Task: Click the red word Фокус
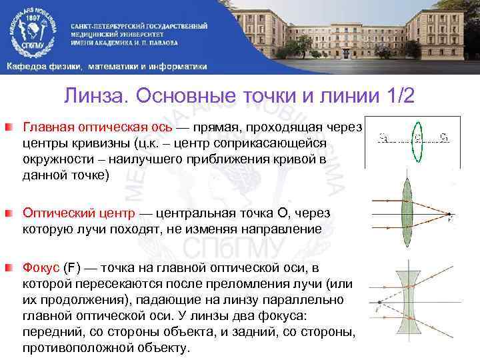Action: click(41, 268)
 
